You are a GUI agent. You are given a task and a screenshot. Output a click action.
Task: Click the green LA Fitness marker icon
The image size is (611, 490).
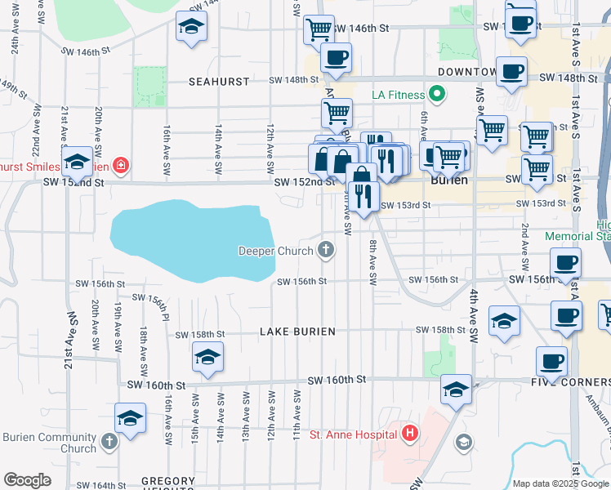point(437,95)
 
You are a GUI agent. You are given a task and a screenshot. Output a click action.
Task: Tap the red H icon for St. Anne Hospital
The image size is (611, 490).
point(410,434)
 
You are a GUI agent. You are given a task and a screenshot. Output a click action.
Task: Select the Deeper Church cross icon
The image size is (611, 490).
point(326,250)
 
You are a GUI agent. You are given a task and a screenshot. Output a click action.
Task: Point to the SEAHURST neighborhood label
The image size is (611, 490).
point(213,82)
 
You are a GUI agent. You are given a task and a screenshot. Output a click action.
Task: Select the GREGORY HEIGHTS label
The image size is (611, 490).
point(168,483)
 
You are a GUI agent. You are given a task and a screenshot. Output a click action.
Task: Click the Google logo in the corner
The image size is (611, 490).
point(27,480)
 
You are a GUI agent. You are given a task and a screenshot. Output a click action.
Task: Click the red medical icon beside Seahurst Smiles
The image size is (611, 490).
point(120,166)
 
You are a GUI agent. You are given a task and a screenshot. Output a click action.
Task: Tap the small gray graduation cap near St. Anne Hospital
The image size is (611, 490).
point(463,442)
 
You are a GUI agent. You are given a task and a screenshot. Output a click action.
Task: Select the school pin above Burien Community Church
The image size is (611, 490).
point(129,418)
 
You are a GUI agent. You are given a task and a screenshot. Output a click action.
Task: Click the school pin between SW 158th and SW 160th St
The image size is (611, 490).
point(207,357)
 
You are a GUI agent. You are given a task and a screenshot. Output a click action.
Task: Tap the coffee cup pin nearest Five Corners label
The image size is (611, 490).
point(551,360)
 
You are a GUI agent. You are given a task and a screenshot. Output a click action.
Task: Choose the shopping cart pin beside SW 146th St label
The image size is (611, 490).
point(319,29)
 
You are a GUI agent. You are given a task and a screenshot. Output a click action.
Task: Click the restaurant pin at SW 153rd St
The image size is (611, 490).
point(364,195)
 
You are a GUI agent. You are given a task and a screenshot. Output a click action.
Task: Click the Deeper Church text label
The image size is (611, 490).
point(275,251)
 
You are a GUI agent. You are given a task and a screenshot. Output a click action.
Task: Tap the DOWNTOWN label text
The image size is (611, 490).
point(466,72)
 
